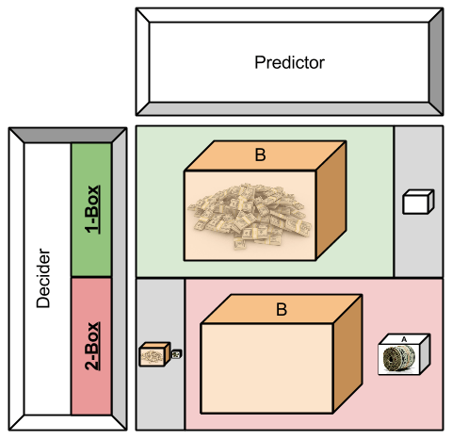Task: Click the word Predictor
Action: pos(289,63)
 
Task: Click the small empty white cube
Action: pos(415,202)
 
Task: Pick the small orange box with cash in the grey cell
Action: pos(153,356)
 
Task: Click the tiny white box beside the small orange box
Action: pos(175,354)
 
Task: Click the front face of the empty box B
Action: pos(267,367)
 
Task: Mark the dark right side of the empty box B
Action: pos(347,352)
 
